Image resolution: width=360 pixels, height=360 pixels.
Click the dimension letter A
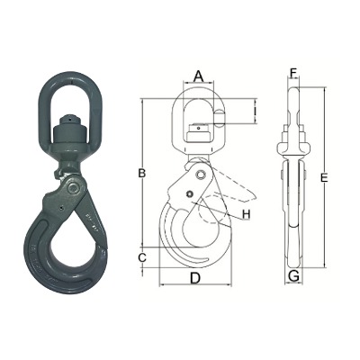tap(198, 76)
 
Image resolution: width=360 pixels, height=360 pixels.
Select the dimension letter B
tap(141, 173)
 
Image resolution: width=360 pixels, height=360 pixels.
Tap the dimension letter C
tap(142, 256)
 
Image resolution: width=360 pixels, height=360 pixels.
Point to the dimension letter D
tap(195, 278)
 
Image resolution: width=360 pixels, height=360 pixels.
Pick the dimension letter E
tap(324, 178)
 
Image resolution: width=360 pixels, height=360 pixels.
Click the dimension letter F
tap(293, 72)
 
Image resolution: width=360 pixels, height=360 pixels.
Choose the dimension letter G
tap(293, 275)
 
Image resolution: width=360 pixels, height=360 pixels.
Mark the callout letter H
tap(247, 214)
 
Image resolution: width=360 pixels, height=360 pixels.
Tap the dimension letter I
tap(255, 112)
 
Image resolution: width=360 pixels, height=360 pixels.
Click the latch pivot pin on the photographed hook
tap(72, 188)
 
